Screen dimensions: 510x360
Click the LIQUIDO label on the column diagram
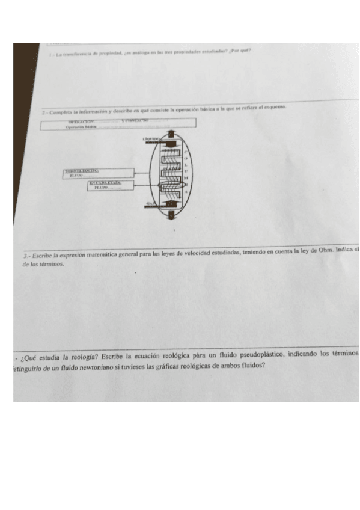[x=151, y=138]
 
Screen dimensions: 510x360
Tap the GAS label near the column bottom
[x=150, y=205]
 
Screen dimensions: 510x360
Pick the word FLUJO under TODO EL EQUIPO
[x=76, y=176]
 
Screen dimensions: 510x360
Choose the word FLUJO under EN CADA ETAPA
[x=100, y=187]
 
